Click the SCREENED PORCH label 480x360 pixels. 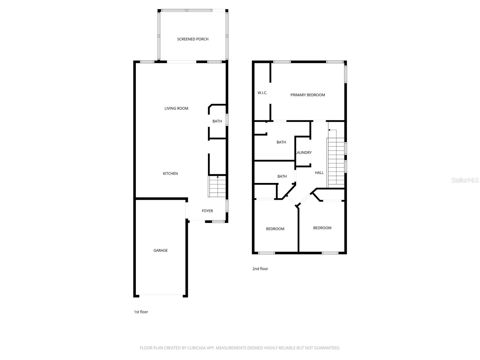193,39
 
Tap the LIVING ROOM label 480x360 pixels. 176,109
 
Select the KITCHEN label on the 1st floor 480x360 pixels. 170,174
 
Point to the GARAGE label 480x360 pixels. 160,250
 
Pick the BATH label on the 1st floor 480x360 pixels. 217,121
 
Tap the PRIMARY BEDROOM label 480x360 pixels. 307,95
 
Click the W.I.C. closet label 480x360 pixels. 262,93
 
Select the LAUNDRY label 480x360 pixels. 304,153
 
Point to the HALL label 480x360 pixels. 319,173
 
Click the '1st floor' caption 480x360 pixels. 141,312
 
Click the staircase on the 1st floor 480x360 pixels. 217,187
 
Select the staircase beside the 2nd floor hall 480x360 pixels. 336,162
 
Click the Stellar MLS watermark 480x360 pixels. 465,180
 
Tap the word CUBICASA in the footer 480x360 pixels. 196,348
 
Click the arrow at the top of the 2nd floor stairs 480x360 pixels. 329,130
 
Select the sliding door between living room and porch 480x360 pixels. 181,62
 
